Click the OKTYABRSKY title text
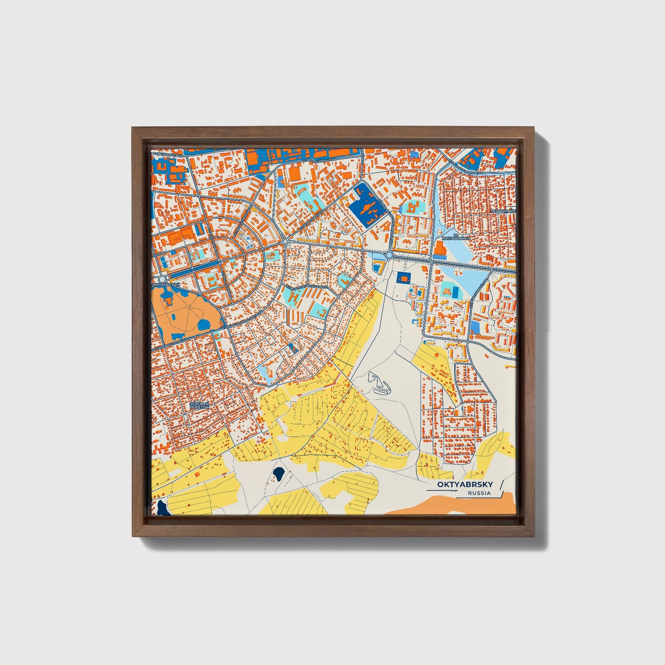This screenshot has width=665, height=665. pyautogui.click(x=464, y=485)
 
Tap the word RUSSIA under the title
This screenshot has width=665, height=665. pyautogui.click(x=479, y=493)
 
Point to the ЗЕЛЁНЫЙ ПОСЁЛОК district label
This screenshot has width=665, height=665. pyautogui.click(x=199, y=405)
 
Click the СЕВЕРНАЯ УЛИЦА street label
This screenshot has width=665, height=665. pyautogui.click(x=168, y=155)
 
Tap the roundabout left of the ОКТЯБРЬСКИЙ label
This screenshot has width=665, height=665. pyautogui.click(x=162, y=279)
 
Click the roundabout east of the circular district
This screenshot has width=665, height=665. pyautogui.click(x=286, y=241)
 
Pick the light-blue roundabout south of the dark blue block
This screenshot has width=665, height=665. pyautogui.click(x=389, y=254)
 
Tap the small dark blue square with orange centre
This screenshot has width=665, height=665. pyautogui.click(x=404, y=277)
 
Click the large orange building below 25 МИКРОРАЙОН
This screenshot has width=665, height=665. pyautogui.click(x=439, y=249)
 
